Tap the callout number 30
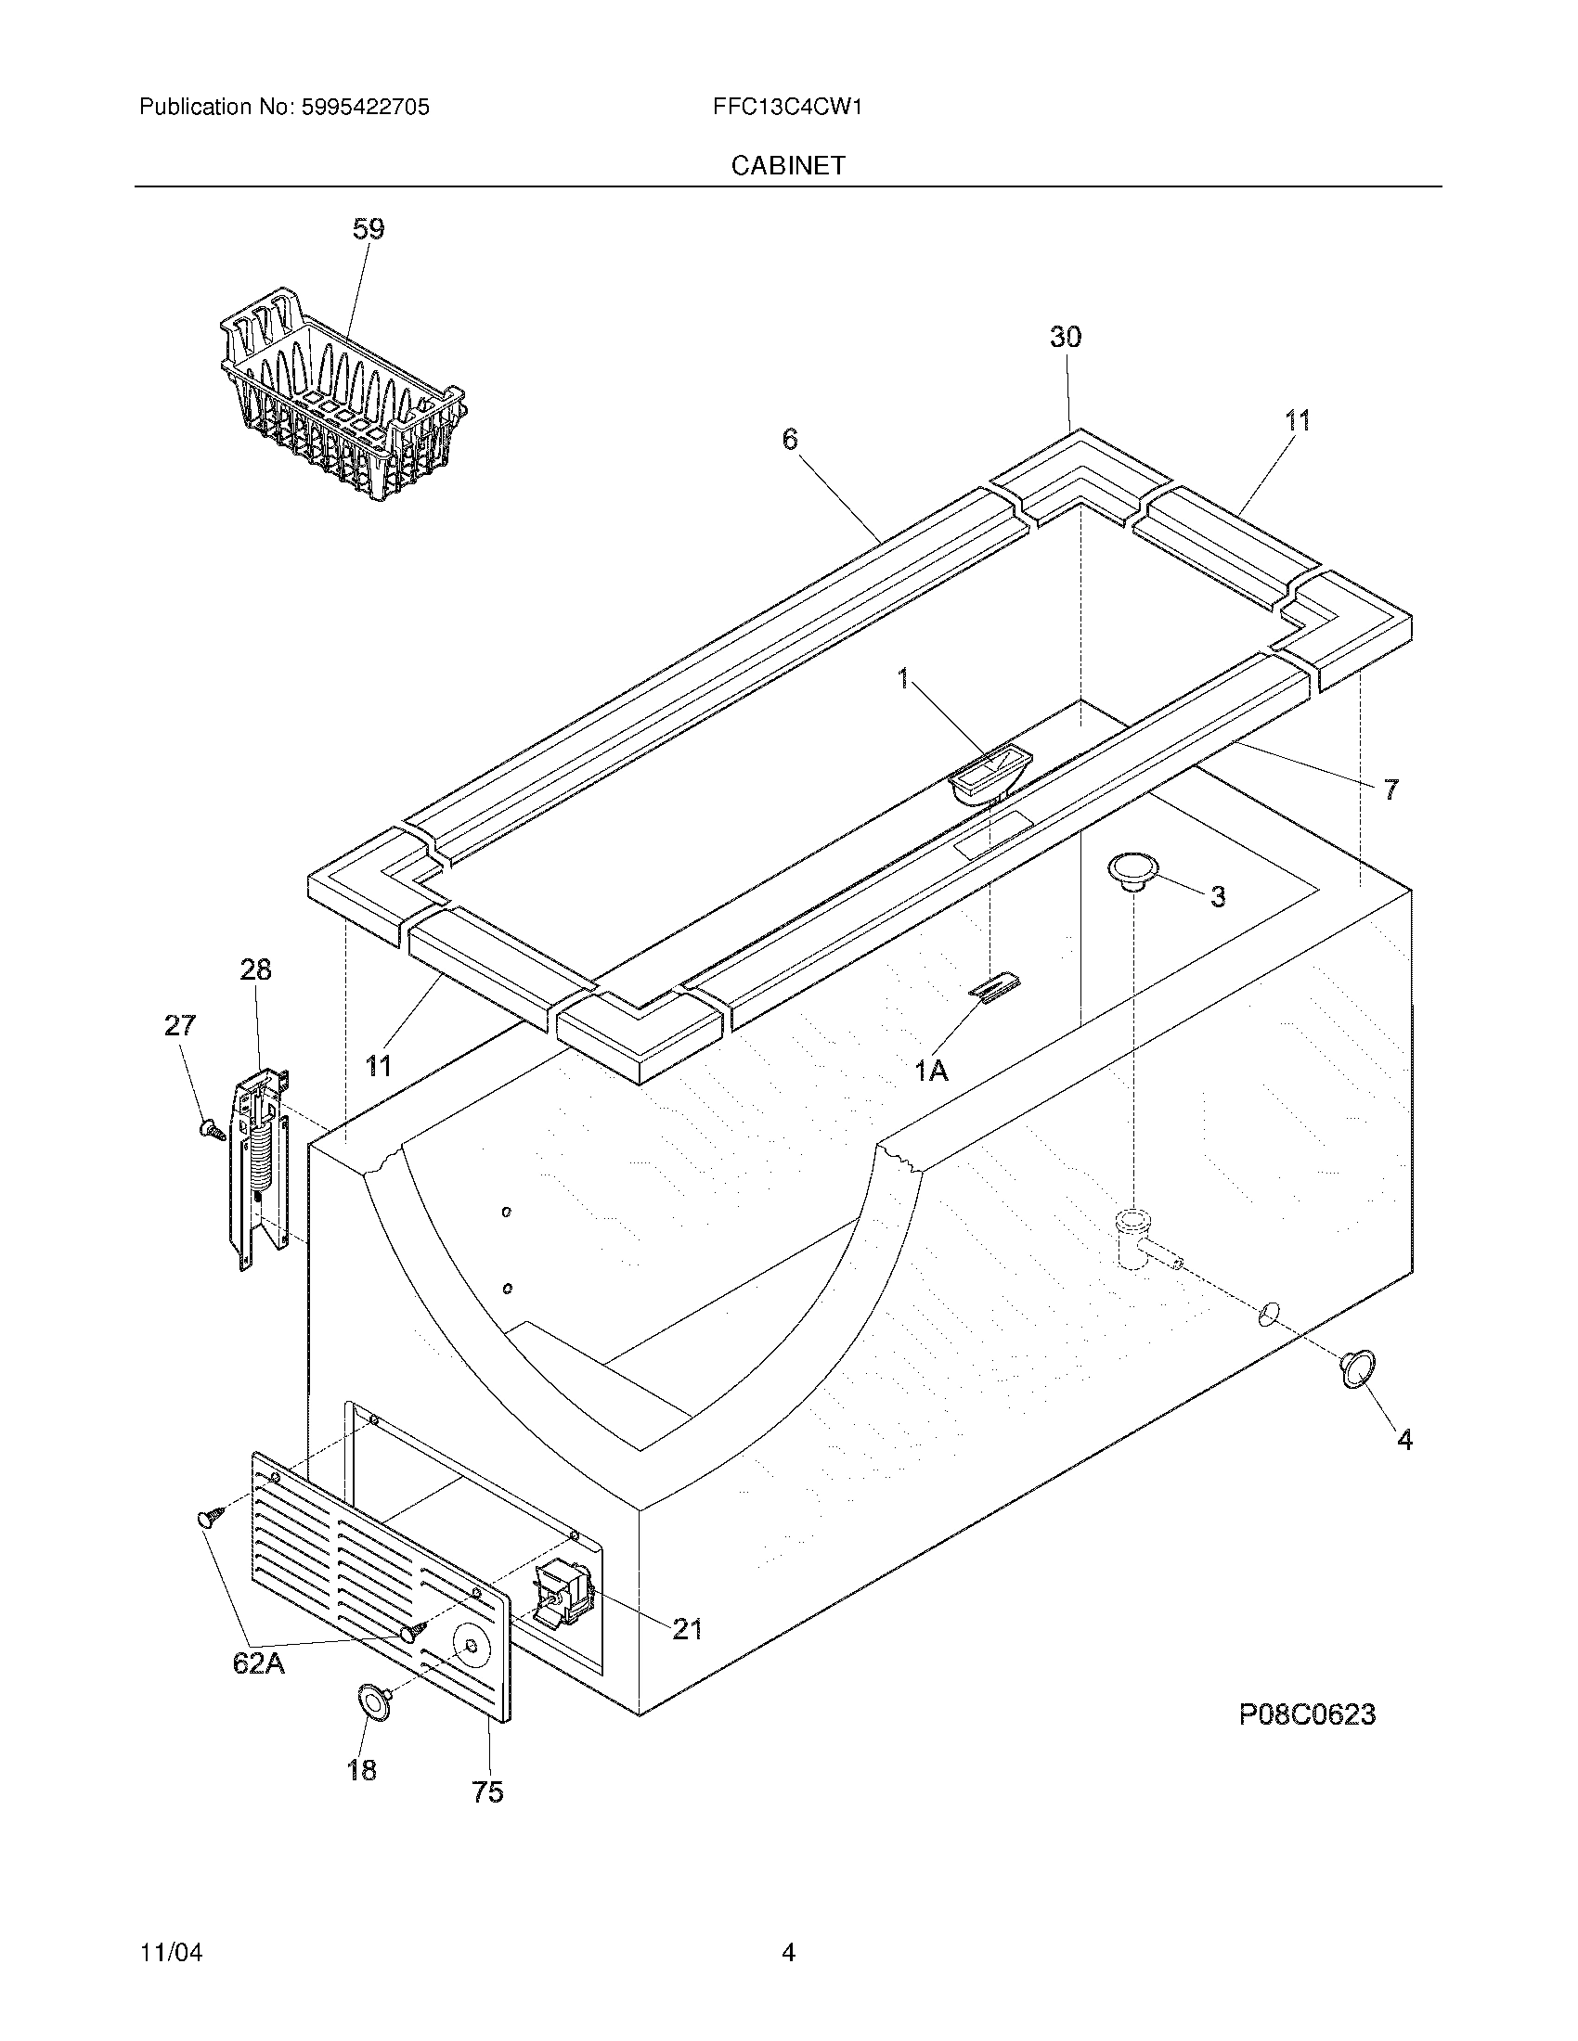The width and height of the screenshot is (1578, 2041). [x=1065, y=338]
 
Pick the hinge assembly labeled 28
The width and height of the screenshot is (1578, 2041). [x=260, y=1168]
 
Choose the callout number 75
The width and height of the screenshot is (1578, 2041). [x=488, y=1791]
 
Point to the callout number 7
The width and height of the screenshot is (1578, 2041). [x=1390, y=789]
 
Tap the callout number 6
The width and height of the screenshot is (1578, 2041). [x=790, y=438]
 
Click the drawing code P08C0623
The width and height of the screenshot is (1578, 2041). [x=1307, y=1714]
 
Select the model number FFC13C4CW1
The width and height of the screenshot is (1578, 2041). [x=786, y=108]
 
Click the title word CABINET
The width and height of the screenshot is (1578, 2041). [x=787, y=165]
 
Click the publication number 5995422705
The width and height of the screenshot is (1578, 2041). [x=365, y=108]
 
